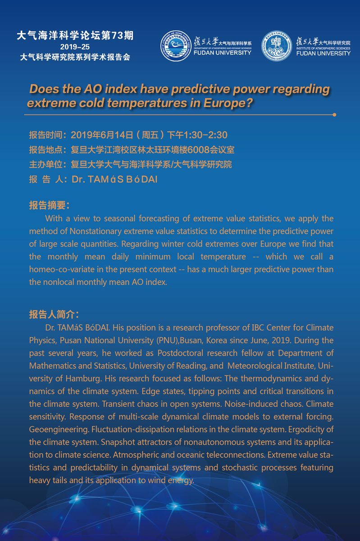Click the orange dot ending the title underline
tap(334, 115)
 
